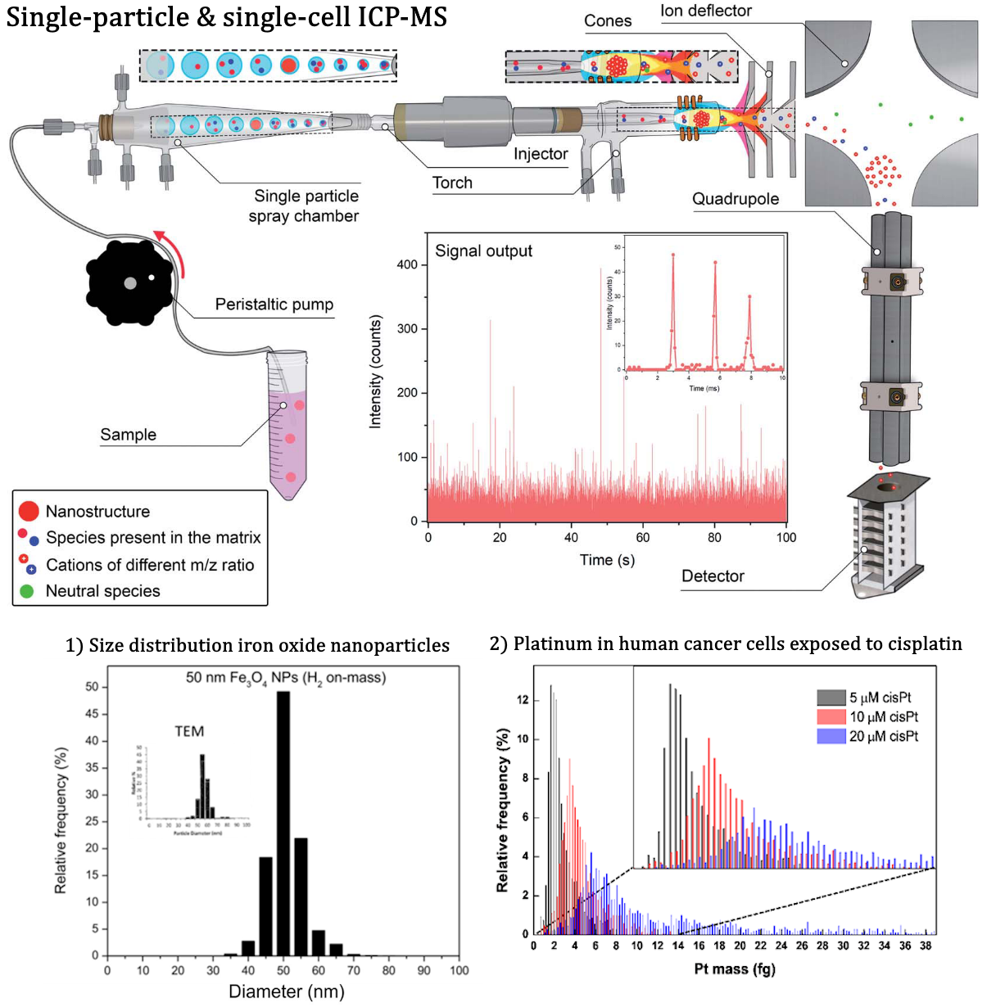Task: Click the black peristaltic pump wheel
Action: [x=129, y=282]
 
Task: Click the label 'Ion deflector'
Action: [x=705, y=11]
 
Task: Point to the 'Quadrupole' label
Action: [x=735, y=199]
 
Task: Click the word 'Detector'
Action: [x=713, y=576]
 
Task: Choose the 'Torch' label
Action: [x=452, y=183]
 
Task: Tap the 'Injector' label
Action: [x=541, y=154]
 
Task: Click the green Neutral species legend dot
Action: [x=27, y=591]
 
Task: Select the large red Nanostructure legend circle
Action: [x=29, y=512]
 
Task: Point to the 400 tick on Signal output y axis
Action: [x=407, y=264]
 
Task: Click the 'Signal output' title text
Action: [x=483, y=251]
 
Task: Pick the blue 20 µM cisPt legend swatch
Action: [x=831, y=737]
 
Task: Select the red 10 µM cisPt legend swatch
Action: [x=831, y=717]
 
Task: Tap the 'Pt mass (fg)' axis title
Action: [x=734, y=969]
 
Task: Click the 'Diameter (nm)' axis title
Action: [x=286, y=992]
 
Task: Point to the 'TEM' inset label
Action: [x=189, y=732]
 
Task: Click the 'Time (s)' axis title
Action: [x=607, y=560]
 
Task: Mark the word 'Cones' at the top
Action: [x=608, y=21]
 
